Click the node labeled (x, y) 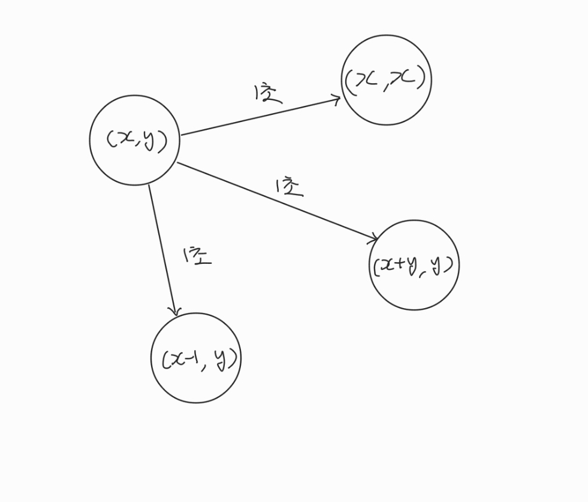click(134, 140)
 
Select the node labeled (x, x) click(386, 80)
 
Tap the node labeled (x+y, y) click(414, 264)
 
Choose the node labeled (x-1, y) click(195, 358)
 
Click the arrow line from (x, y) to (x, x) click(261, 116)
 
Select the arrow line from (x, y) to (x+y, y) click(276, 201)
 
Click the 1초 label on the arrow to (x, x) click(267, 93)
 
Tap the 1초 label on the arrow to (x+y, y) click(290, 187)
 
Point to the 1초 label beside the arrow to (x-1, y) click(197, 256)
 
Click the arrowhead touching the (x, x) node click(337, 99)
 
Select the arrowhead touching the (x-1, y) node click(174, 311)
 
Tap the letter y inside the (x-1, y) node click(221, 359)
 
